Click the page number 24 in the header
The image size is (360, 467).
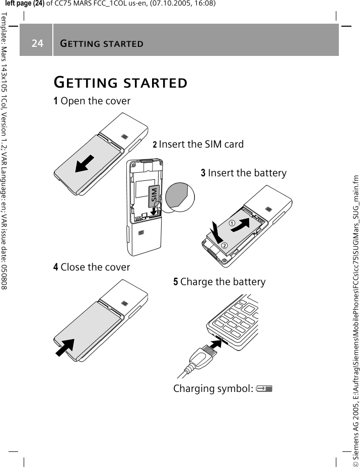point(37,43)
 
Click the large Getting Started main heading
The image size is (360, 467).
point(121,82)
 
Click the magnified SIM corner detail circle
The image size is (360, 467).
point(181,196)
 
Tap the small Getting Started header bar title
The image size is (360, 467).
point(101,43)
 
